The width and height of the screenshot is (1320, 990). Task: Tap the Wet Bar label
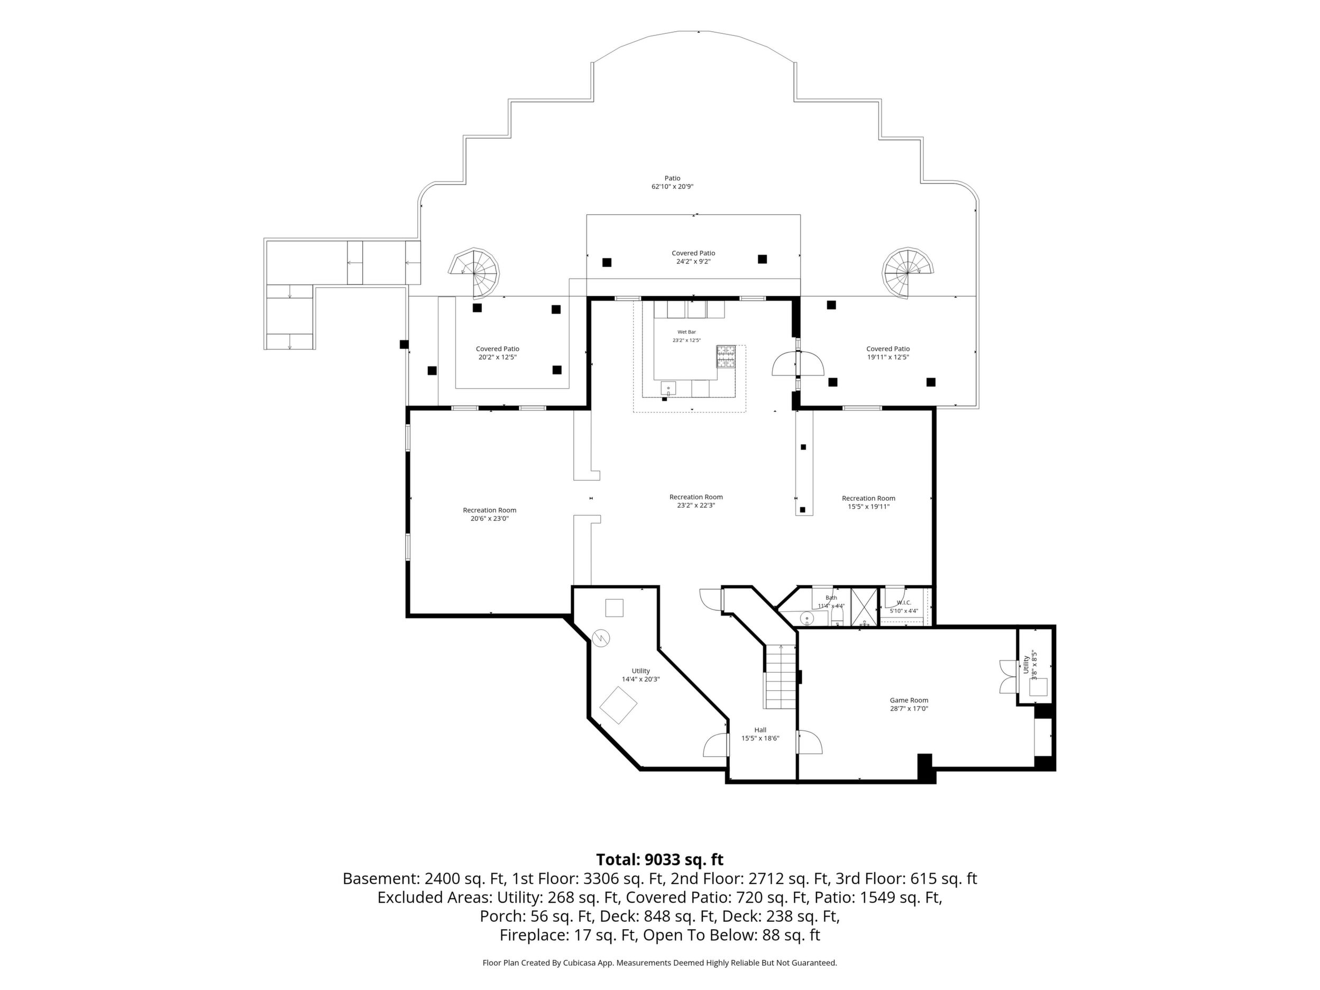click(x=686, y=332)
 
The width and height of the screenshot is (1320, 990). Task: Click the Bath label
click(x=831, y=598)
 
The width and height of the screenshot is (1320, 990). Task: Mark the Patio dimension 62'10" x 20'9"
click(x=673, y=187)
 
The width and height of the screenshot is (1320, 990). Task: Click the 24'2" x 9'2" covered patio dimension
click(x=693, y=261)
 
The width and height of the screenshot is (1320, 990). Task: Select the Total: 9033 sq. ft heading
click(x=659, y=860)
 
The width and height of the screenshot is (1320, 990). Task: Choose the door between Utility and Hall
click(x=716, y=745)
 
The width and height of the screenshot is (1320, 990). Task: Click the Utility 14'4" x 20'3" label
click(x=641, y=675)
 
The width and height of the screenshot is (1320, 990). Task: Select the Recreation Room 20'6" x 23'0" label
click(x=489, y=515)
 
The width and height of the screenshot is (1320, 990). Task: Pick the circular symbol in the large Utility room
click(x=601, y=638)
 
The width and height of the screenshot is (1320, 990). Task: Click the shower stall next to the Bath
click(x=864, y=607)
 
